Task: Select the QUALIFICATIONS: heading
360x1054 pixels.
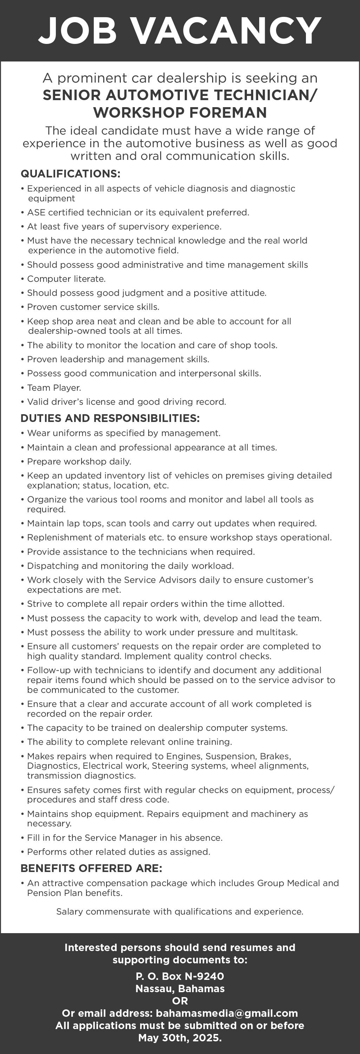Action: click(70, 174)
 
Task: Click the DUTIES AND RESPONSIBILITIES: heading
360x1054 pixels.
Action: click(110, 418)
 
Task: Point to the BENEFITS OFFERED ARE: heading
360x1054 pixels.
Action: click(91, 868)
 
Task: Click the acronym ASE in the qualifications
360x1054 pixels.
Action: click(36, 212)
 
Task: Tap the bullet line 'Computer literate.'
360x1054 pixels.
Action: click(66, 279)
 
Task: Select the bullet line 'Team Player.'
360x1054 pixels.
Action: click(54, 388)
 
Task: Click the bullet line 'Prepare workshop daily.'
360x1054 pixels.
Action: click(79, 462)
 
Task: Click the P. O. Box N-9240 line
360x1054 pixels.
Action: click(180, 976)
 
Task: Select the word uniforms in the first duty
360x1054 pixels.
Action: click(63, 433)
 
